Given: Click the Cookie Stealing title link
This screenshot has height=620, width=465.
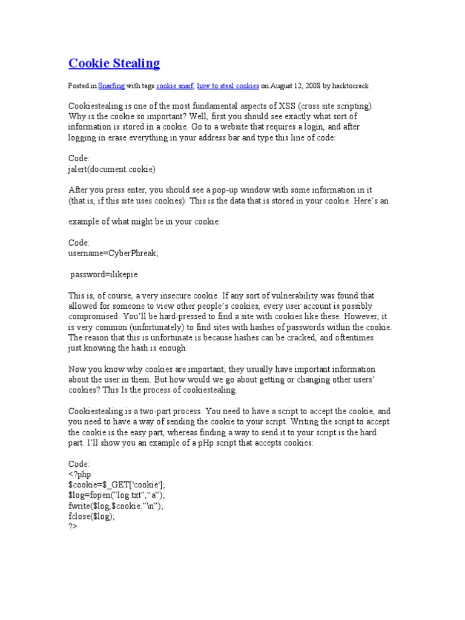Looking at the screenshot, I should pyautogui.click(x=114, y=63).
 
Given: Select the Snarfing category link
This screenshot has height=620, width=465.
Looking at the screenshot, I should pyautogui.click(x=111, y=86).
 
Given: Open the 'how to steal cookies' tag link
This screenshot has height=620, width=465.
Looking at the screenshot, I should pyautogui.click(x=231, y=86).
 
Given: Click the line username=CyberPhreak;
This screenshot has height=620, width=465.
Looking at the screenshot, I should pyautogui.click(x=113, y=253).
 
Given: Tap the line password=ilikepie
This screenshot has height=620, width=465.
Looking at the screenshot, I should pyautogui.click(x=105, y=274).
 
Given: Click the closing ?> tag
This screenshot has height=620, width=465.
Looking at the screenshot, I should pyautogui.click(x=73, y=527).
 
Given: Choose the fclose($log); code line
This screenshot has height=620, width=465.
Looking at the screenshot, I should pyautogui.click(x=91, y=516).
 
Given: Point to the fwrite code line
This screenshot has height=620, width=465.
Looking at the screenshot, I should pyautogui.click(x=116, y=506).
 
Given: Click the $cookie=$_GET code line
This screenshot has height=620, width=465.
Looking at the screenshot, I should pyautogui.click(x=116, y=484).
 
